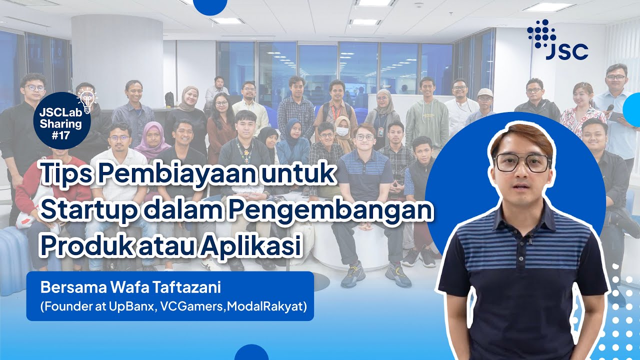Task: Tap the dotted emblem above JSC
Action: (x=539, y=33)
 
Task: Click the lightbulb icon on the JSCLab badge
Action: (x=87, y=102)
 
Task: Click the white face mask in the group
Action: (x=342, y=131)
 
